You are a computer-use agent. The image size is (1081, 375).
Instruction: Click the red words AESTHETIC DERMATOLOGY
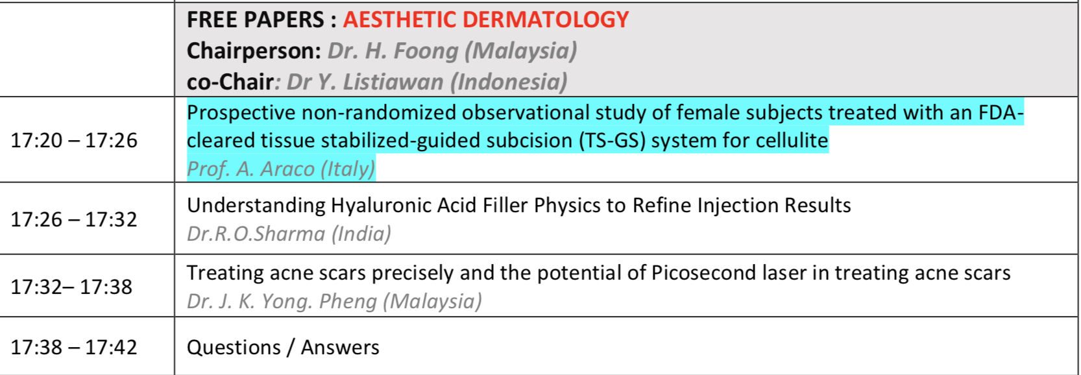486,19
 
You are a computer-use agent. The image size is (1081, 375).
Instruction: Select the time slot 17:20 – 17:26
74,140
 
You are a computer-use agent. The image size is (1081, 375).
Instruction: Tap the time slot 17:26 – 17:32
74,219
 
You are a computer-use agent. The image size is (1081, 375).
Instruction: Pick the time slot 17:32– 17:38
71,287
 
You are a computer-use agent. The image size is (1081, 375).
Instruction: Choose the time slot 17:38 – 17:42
74,348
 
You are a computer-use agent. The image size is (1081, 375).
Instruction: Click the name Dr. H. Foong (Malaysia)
452,51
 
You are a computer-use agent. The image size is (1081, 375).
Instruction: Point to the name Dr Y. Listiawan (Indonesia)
427,82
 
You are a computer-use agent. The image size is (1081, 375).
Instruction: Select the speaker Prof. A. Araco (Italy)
281,169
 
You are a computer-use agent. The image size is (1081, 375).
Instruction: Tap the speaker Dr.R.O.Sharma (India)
289,234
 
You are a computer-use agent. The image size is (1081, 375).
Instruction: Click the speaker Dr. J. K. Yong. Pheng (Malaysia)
334,301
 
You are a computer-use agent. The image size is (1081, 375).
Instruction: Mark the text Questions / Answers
283,348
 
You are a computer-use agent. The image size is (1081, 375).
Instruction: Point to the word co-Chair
230,82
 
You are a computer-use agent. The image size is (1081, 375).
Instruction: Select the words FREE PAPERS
255,19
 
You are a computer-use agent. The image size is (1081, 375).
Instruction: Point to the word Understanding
256,206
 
